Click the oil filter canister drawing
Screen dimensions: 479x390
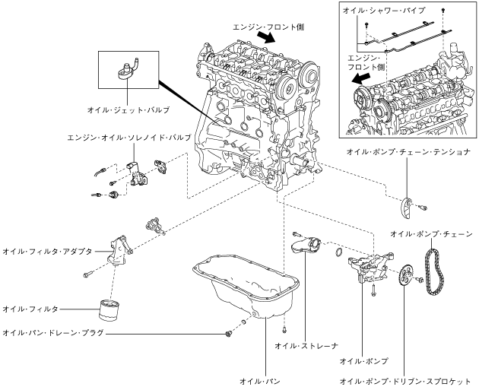[x=109, y=310]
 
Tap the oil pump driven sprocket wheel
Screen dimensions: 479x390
[x=405, y=275]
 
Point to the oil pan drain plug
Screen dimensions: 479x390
[x=227, y=335]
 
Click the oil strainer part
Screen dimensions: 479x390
[x=306, y=246]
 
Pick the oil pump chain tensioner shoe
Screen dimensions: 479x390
[x=406, y=208]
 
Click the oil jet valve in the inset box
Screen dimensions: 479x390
[x=127, y=70]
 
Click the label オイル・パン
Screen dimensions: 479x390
[x=260, y=381]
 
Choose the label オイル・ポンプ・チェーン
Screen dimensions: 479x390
[x=431, y=234]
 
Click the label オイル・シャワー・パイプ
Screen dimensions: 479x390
[x=384, y=11]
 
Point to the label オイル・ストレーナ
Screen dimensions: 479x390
[x=306, y=346]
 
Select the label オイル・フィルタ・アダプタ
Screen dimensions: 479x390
[x=47, y=252]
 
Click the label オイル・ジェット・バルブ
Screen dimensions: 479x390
[x=128, y=110]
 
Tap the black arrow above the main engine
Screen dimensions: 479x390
[x=266, y=38]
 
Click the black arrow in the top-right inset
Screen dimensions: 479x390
[x=361, y=78]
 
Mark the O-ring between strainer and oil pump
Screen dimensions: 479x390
[x=339, y=252]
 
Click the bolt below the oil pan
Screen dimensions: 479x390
[x=284, y=329]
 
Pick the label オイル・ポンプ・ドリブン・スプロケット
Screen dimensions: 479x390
[x=405, y=382]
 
